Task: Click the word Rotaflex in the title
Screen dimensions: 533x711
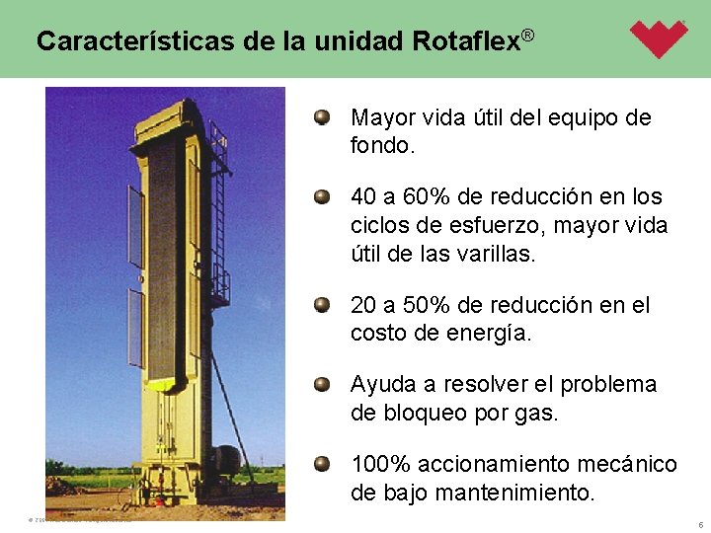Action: (465, 41)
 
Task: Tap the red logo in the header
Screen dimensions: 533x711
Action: (659, 38)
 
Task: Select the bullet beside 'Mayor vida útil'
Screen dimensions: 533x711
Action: (322, 118)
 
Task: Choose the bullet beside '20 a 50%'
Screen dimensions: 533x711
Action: (322, 306)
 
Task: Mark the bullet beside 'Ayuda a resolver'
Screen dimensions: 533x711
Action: (322, 385)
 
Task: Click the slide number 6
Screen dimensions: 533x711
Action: (699, 524)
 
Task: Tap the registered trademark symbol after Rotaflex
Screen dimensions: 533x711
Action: (527, 37)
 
